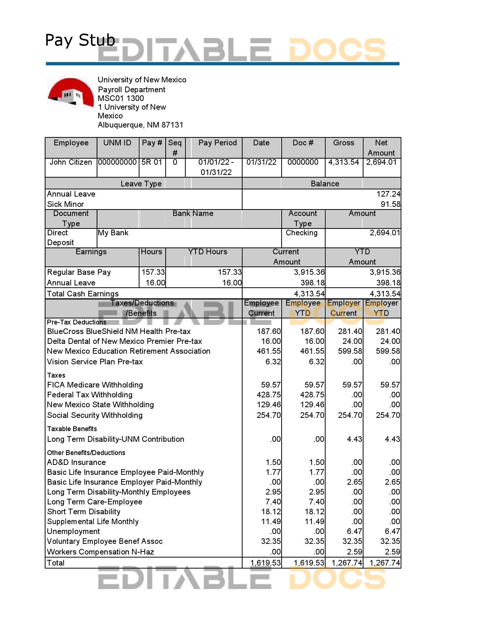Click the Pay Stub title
pos(80,40)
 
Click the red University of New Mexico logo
pos(70,92)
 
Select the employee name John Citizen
pos(71,162)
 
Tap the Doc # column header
pos(303,143)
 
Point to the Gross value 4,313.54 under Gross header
pos(343,162)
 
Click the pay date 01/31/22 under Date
pos(261,162)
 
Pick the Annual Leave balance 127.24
pos(388,194)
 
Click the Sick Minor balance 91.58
pos(390,204)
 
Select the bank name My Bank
pos(113,233)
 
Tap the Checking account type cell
pos(302,233)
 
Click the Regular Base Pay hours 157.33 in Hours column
pos(153,272)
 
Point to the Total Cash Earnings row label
pos(83,294)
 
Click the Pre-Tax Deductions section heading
pos(77,322)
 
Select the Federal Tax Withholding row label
pos(90,395)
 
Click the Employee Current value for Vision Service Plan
pos(273,362)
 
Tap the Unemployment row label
pos(74,531)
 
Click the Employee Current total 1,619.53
pos(265,563)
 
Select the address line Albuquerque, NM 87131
pos(140,125)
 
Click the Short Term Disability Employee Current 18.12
pos(271,512)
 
